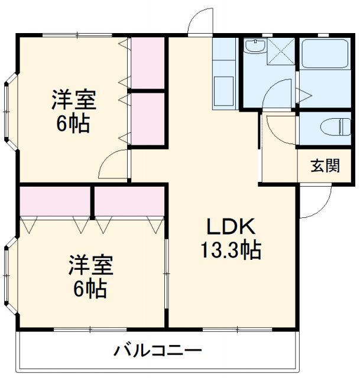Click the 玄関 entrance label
(x=326, y=167)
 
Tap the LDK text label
(x=230, y=227)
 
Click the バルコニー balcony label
(x=158, y=351)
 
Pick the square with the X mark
(x=280, y=52)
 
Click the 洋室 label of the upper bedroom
(x=73, y=99)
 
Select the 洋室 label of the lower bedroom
(x=90, y=264)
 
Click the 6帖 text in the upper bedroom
(x=73, y=123)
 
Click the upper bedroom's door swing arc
(x=113, y=164)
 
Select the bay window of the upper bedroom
(x=11, y=110)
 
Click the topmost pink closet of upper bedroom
(x=147, y=63)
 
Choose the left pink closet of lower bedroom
(x=54, y=201)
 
